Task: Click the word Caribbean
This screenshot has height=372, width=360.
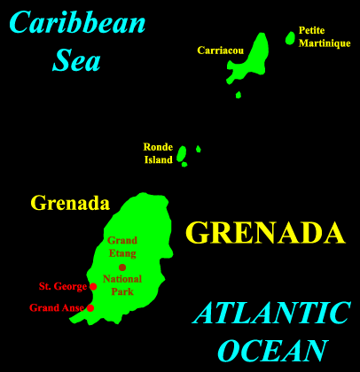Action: point(79,23)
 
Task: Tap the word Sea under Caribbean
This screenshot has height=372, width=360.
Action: point(76,60)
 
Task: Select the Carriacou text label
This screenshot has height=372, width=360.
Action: point(221,50)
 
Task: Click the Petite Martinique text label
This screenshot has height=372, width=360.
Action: point(317,35)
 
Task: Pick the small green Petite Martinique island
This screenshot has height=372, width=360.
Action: point(290,38)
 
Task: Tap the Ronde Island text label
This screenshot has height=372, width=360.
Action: point(158,153)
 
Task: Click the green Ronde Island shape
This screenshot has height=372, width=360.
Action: point(181,154)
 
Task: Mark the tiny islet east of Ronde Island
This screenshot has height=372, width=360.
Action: point(198,149)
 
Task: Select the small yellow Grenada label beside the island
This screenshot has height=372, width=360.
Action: point(70,203)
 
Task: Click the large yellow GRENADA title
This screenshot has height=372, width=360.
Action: point(264,233)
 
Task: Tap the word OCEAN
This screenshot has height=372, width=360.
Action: point(271,350)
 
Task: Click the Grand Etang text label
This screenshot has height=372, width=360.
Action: point(122,246)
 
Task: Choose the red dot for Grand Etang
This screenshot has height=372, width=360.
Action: point(122,267)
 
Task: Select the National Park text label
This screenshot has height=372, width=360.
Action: point(122,285)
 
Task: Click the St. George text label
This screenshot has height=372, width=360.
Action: point(63,286)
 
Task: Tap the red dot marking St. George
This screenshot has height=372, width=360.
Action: point(93,286)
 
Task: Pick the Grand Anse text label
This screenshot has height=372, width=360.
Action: point(57,308)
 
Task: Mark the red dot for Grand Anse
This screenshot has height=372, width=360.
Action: point(90,308)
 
